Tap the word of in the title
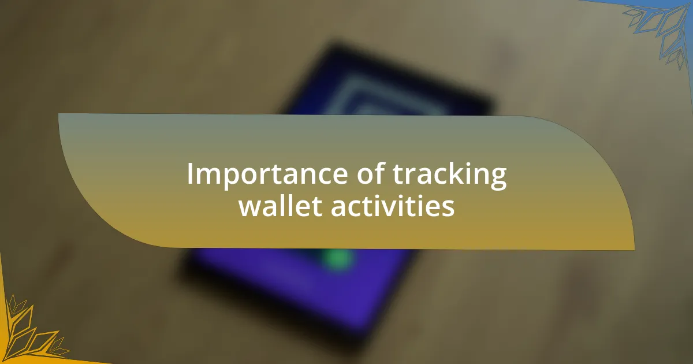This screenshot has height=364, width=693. pos(367,174)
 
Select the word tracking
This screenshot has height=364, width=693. pos(450,176)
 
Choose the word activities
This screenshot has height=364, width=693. pos(393,207)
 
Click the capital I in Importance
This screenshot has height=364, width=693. pos(191,174)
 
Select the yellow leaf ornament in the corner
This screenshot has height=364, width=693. pos(29,332)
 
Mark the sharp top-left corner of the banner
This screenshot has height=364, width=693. pos(59,114)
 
